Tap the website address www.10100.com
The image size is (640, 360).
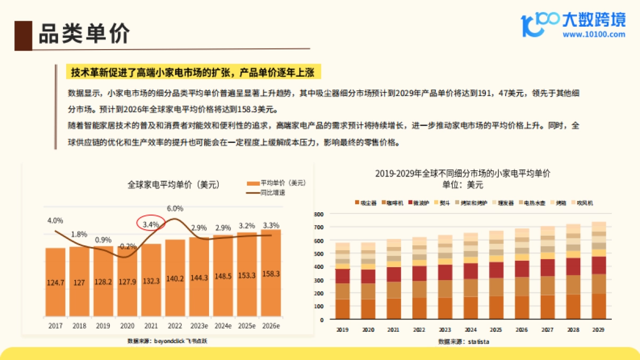(x=594, y=35)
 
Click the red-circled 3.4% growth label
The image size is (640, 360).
(x=151, y=225)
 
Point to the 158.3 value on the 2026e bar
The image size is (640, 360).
(x=271, y=274)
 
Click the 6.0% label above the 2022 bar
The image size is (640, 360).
(x=175, y=209)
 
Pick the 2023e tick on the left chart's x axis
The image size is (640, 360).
(x=199, y=325)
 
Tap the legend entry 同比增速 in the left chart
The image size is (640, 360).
(x=273, y=193)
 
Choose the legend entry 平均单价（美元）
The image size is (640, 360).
(x=283, y=183)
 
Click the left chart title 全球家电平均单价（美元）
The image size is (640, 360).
(x=173, y=185)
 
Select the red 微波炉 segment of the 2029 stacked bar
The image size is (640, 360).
(x=598, y=265)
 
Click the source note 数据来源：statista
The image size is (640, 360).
(x=463, y=341)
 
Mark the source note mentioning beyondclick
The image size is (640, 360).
(x=167, y=340)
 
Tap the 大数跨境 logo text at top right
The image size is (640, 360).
(x=594, y=20)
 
